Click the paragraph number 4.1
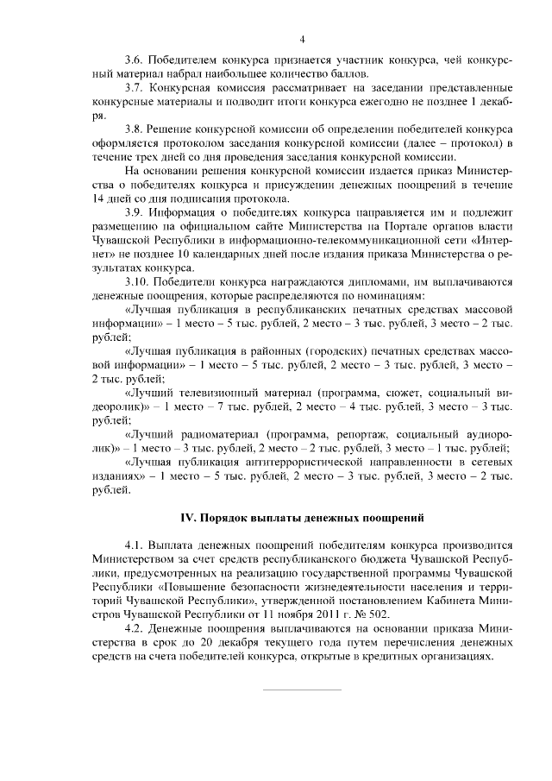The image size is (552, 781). pos(135,545)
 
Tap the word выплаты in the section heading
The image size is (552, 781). pos(271,519)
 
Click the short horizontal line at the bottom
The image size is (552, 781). pos(301,690)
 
